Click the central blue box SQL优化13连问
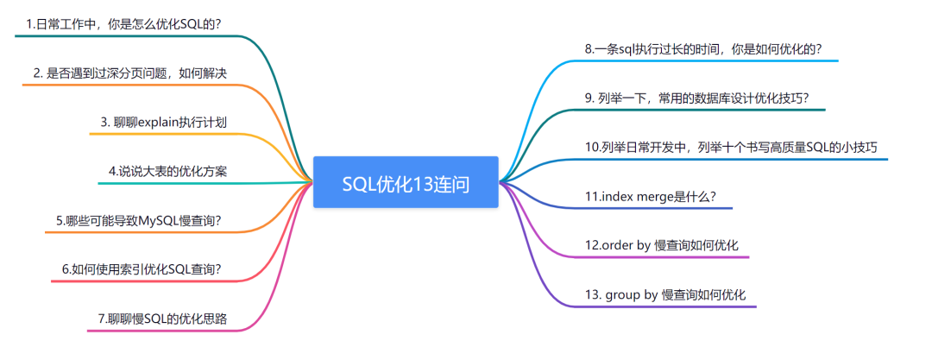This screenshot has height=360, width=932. (x=406, y=182)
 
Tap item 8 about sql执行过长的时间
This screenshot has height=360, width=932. (x=702, y=48)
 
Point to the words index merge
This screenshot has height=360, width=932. (x=630, y=196)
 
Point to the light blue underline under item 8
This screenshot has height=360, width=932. (x=708, y=61)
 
